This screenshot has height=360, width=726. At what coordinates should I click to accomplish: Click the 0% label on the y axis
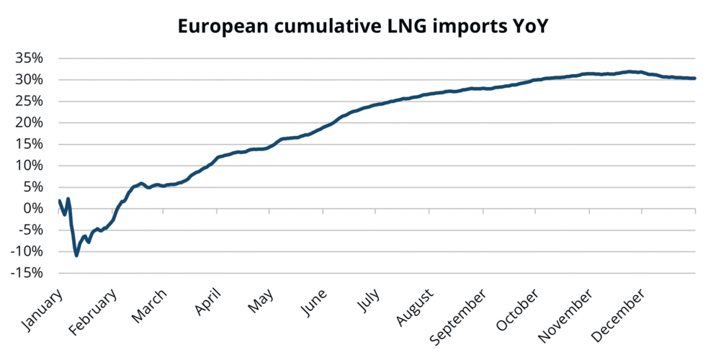click(x=35, y=209)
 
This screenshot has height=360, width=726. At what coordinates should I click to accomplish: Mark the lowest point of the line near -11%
click(x=76, y=255)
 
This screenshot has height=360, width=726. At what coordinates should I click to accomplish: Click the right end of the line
click(x=694, y=78)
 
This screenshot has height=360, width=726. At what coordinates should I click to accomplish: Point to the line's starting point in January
click(x=59, y=200)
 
